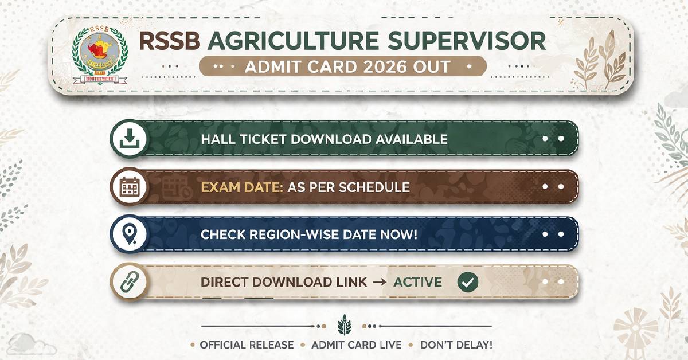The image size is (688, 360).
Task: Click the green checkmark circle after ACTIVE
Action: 468,282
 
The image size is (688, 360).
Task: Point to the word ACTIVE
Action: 417,282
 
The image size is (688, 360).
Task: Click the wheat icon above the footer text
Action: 344,324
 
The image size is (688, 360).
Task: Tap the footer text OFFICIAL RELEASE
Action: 247,345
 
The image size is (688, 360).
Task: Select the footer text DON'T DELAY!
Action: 456,345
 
